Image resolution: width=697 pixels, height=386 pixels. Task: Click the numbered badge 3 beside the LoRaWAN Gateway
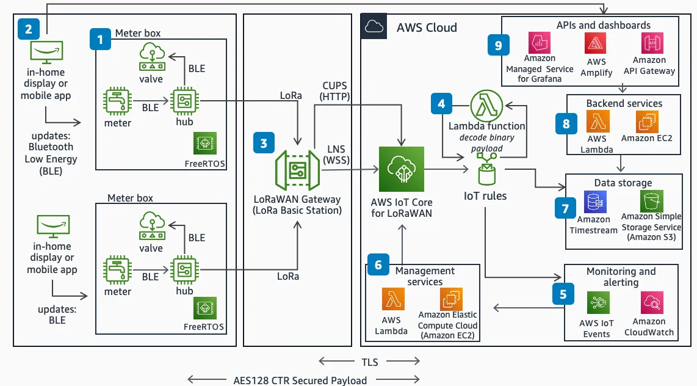click(264, 144)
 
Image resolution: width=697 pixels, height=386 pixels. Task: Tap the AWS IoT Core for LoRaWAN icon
click(401, 169)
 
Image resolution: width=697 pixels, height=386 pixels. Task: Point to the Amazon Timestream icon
click(593, 202)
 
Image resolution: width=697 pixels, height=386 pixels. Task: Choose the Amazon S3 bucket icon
click(651, 201)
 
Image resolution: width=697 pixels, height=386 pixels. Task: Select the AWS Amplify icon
click(595, 43)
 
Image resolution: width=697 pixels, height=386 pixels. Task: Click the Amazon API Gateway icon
click(649, 43)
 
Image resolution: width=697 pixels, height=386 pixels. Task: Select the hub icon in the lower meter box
click(184, 269)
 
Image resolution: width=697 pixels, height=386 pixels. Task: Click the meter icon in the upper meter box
click(117, 102)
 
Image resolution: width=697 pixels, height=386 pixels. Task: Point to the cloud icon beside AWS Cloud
click(374, 26)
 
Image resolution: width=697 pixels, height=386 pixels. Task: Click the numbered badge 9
click(499, 45)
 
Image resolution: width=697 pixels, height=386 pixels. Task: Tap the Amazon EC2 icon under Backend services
click(646, 122)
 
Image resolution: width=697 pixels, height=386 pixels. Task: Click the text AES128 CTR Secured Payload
click(300, 381)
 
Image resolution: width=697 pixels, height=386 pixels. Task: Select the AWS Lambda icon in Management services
click(391, 300)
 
